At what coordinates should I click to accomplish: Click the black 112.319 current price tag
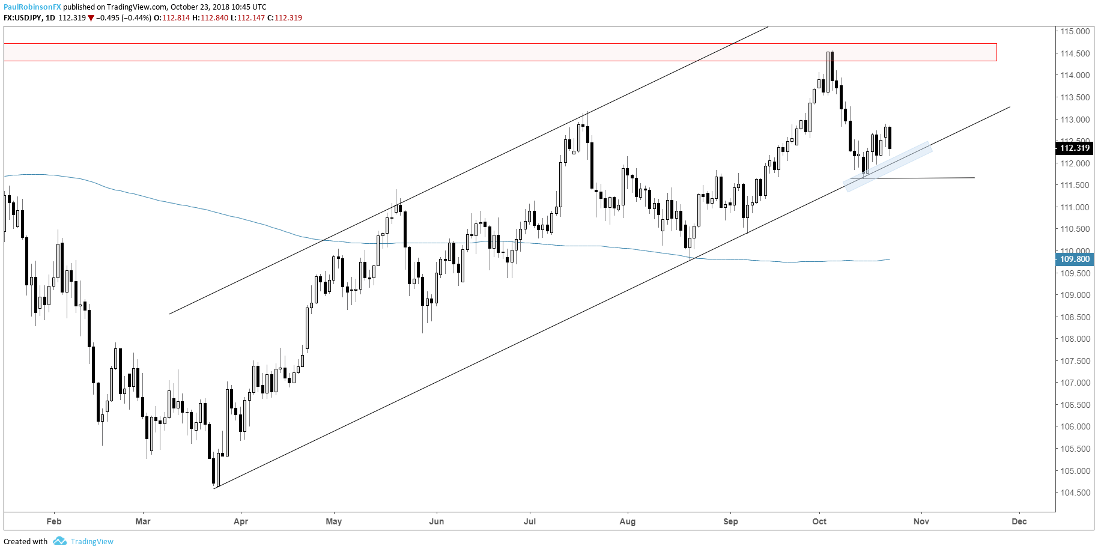(x=1074, y=148)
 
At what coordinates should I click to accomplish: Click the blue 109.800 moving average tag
(x=1074, y=259)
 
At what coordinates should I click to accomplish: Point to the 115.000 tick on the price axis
(x=1075, y=31)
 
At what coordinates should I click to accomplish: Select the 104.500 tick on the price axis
(x=1075, y=493)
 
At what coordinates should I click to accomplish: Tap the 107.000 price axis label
(x=1075, y=383)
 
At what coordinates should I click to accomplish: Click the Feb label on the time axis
(x=54, y=521)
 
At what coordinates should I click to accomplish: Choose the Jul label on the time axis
(x=530, y=521)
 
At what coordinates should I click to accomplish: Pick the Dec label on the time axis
(x=1019, y=521)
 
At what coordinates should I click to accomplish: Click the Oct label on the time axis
(x=819, y=521)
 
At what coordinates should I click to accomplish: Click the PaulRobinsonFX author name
(x=32, y=7)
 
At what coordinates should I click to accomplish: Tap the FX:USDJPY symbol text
(x=23, y=18)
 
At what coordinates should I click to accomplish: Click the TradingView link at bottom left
(x=91, y=541)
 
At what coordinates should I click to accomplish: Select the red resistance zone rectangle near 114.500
(x=500, y=52)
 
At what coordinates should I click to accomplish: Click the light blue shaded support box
(x=888, y=166)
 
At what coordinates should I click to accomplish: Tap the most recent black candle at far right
(x=890, y=138)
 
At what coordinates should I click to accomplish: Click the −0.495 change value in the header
(x=108, y=18)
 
